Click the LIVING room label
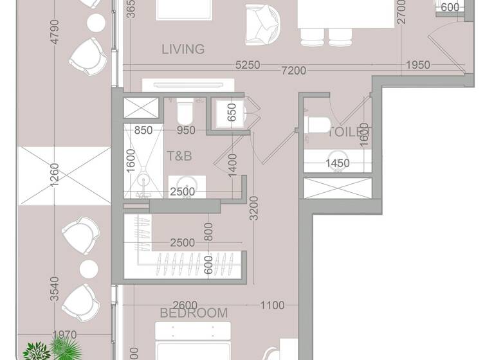183,49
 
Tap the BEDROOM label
194,313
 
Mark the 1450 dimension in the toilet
337,163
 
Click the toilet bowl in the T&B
185,113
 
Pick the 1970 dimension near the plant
65,335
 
